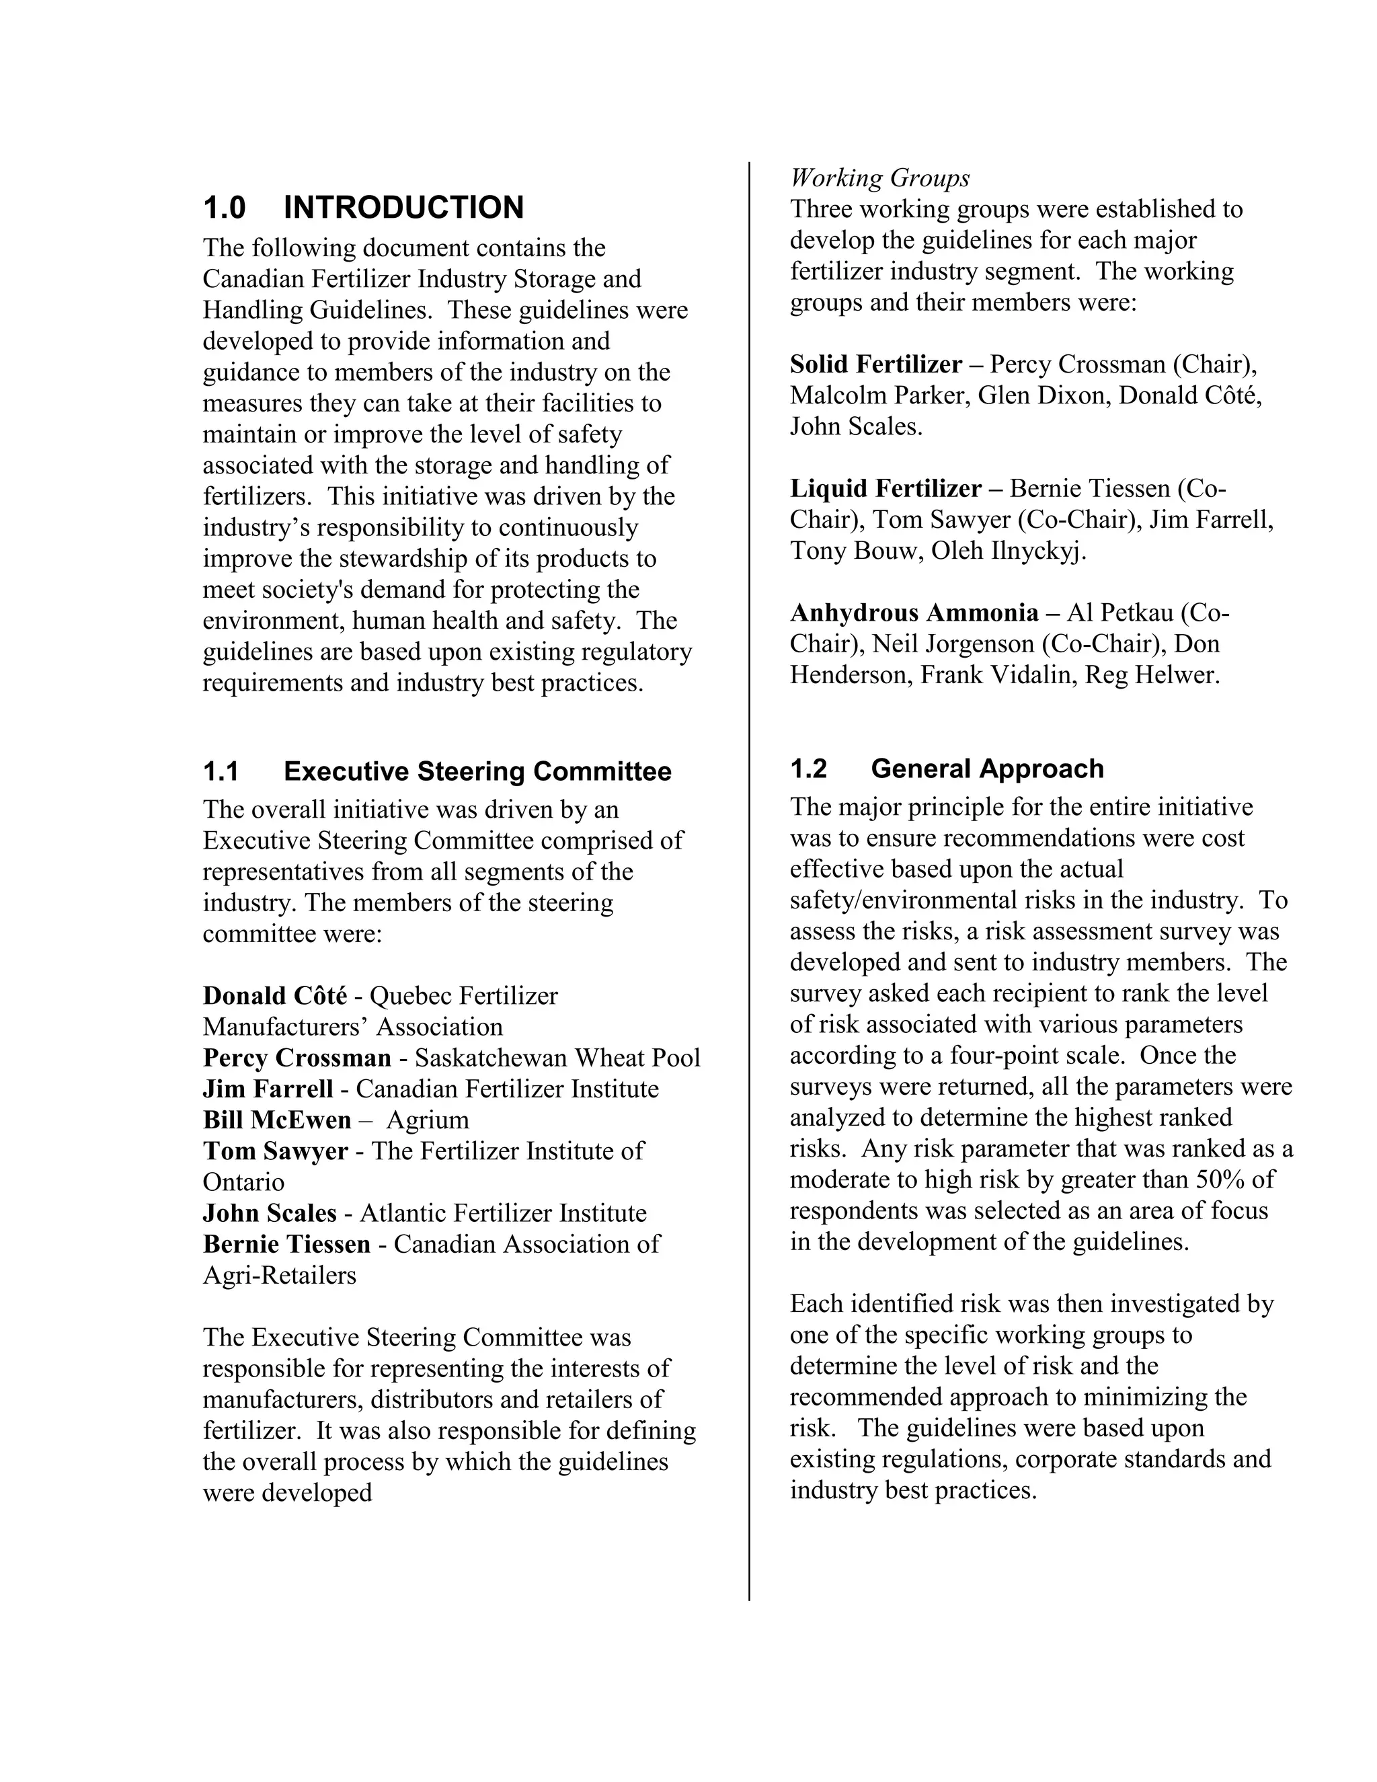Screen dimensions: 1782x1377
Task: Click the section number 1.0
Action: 225,208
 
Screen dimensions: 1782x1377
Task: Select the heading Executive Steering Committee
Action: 477,772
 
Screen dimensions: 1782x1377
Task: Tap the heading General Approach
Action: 987,769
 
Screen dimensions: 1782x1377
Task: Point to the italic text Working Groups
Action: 879,178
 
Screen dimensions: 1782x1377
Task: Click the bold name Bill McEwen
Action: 276,1120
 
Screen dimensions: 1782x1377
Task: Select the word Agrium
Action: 428,1120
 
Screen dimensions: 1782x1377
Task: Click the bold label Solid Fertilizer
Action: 875,364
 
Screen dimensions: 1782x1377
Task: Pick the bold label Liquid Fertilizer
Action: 885,489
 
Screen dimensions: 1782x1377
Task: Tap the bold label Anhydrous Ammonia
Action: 914,613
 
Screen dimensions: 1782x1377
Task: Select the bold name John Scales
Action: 269,1213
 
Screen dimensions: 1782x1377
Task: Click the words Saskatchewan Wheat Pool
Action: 557,1058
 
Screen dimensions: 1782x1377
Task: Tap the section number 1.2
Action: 808,769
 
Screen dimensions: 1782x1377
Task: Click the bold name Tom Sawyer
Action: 275,1151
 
